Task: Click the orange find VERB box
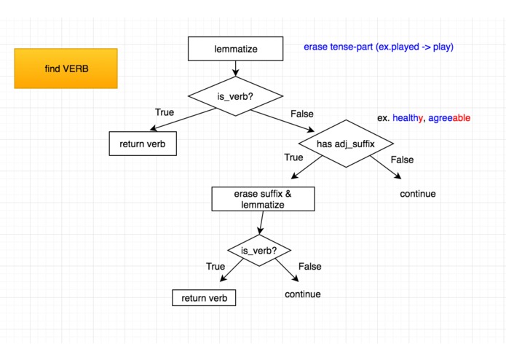point(66,69)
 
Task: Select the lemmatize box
point(235,49)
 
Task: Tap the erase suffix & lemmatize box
point(263,200)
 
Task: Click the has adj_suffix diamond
point(345,144)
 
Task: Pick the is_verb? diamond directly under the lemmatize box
point(235,95)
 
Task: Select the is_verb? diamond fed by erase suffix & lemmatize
point(259,251)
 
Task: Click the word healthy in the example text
point(408,118)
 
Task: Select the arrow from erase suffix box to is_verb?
point(261,224)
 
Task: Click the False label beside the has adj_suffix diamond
point(401,160)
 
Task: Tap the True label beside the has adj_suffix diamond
point(293,157)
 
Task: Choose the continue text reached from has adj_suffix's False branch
point(417,194)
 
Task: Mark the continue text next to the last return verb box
point(302,294)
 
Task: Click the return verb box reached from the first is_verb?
point(143,144)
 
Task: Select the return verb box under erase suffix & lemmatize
point(204,298)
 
